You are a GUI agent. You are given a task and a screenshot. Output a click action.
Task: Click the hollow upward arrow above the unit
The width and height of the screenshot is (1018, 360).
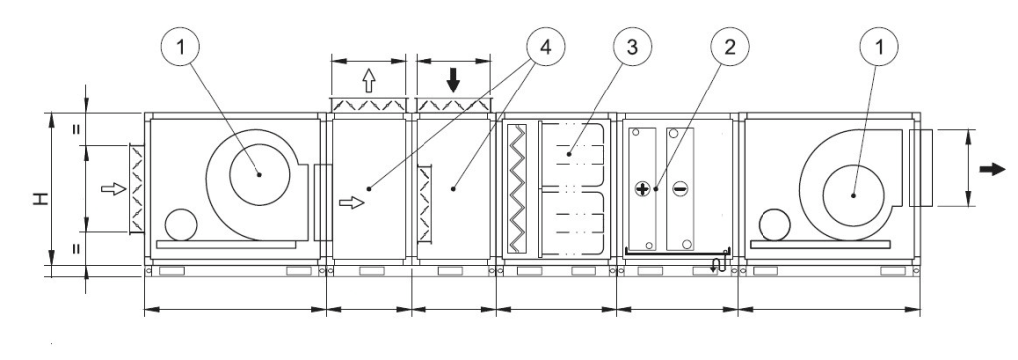368,81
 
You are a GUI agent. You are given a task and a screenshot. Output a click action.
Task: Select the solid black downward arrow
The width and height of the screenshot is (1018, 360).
453,81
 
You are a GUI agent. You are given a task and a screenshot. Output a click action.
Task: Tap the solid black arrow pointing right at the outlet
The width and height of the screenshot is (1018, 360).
993,170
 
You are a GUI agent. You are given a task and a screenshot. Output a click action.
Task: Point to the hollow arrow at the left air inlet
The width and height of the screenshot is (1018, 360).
113,189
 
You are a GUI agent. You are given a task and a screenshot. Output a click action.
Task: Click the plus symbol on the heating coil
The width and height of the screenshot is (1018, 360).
643,189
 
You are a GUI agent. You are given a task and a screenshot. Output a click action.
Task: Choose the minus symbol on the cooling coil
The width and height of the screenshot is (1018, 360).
680,189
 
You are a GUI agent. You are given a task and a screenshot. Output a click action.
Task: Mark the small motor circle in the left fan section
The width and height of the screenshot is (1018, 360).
181,225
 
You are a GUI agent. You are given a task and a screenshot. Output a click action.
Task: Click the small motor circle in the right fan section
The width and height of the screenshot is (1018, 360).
773,224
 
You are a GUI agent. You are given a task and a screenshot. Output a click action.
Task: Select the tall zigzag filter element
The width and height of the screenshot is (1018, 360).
517,188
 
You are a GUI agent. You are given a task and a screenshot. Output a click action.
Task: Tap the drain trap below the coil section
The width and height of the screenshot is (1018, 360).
718,263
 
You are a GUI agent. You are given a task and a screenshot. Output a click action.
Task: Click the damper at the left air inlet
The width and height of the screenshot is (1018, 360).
137,188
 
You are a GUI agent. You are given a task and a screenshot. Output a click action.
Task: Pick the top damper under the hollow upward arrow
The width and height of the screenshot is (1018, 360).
368,106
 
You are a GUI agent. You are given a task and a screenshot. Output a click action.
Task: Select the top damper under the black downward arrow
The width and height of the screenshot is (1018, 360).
453,106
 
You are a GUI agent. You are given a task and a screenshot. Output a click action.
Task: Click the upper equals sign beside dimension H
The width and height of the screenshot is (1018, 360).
76,129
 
